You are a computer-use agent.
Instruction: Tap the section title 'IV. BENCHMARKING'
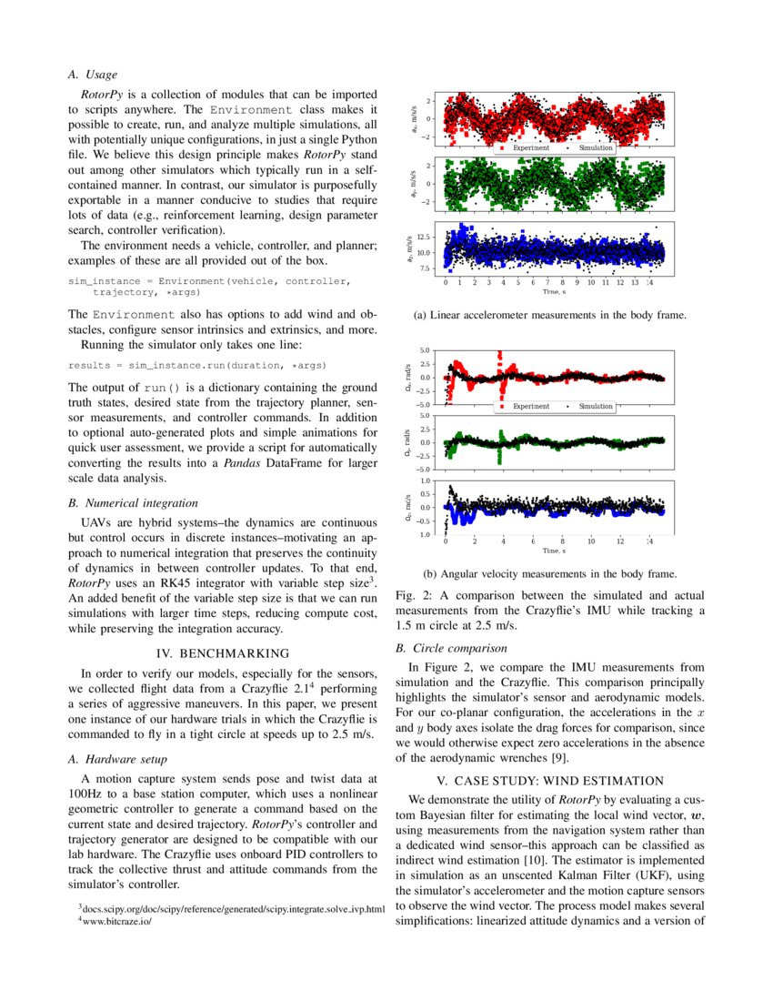coord(223,653)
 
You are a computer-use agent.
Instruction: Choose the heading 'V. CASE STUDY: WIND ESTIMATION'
coord(550,780)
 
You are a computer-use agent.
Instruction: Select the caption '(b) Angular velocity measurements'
coord(550,574)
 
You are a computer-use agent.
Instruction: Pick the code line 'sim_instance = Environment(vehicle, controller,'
coord(209,281)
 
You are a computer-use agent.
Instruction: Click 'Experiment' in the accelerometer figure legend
coord(530,147)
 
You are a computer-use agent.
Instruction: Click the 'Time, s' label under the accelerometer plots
coord(554,292)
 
